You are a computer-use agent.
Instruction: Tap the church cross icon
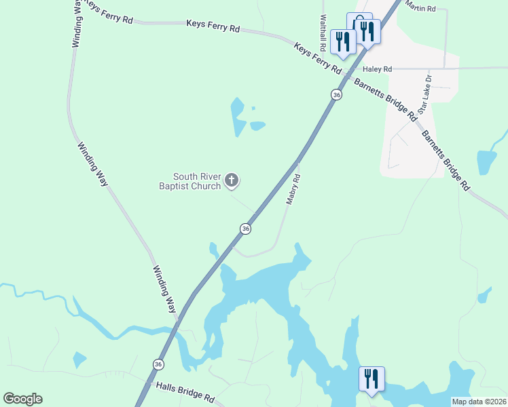232,180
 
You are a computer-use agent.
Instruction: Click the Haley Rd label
378,69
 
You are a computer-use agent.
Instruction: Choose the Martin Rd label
421,5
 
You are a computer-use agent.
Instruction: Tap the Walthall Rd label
323,33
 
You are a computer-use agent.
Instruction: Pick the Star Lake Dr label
424,94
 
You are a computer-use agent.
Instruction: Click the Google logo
22,399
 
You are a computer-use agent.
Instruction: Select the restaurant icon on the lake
371,379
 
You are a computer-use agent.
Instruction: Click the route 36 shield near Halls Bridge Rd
158,364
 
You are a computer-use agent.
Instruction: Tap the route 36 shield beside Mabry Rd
246,229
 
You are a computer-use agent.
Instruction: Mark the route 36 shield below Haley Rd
336,95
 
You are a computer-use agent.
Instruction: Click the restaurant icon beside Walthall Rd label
342,41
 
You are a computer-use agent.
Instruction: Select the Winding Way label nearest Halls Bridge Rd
164,289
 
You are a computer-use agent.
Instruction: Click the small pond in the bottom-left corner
79,360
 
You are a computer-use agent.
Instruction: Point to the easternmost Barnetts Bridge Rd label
446,159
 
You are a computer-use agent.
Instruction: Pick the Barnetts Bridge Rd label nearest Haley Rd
384,99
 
